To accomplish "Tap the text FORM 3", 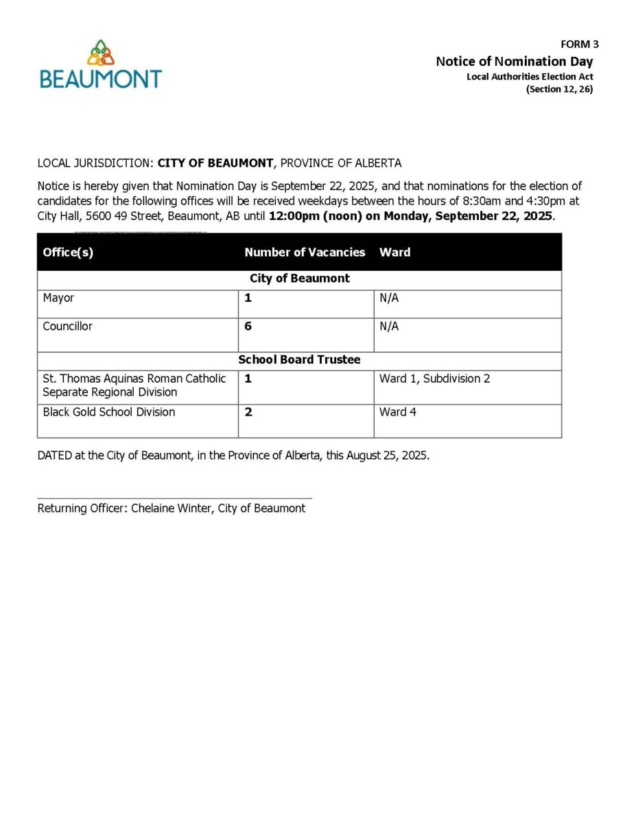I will point(579,44).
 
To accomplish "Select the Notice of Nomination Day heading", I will point(514,61).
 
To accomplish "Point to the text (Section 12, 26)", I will point(559,89).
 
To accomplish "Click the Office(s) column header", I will point(68,252).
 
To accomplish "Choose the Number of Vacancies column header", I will point(305,252).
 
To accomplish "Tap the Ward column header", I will point(394,252).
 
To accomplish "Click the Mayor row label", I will point(58,298).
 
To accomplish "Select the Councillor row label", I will point(67,326).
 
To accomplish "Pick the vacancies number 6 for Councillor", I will point(248,326).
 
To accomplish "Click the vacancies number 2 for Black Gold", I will point(248,412).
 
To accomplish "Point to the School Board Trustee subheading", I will point(299,359).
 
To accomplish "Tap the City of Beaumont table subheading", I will point(299,278).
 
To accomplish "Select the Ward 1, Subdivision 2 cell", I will point(434,379).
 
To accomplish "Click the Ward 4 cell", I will point(397,412).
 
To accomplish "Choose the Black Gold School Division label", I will point(108,412).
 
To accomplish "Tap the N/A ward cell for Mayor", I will point(389,298).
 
